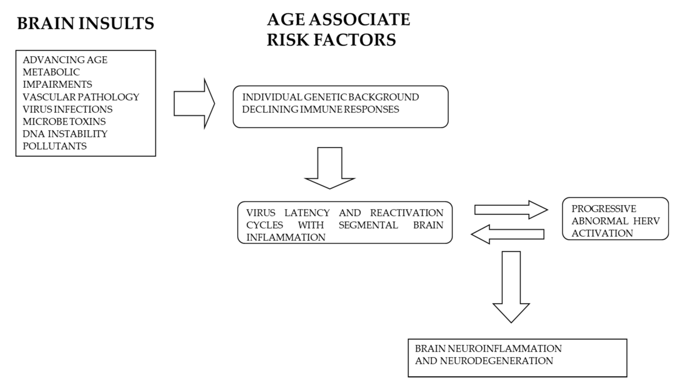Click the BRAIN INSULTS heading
coord(85,24)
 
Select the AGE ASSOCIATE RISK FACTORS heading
coord(338,30)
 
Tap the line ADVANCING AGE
coord(65,60)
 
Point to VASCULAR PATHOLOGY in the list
coord(81,97)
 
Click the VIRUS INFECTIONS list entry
coord(68,109)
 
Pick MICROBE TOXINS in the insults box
coord(64,121)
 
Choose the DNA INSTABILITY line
coord(65,134)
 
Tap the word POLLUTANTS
coord(55,146)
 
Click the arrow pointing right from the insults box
coord(194,103)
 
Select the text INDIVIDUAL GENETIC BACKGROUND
coord(331,97)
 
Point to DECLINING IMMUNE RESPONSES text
coord(321,109)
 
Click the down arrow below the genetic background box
coord(329,167)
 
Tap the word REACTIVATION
coord(406,213)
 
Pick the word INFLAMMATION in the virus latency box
coord(286,237)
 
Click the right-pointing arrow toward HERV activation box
coord(511,210)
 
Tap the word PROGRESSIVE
coord(604,209)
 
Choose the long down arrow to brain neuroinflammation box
coord(511,286)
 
